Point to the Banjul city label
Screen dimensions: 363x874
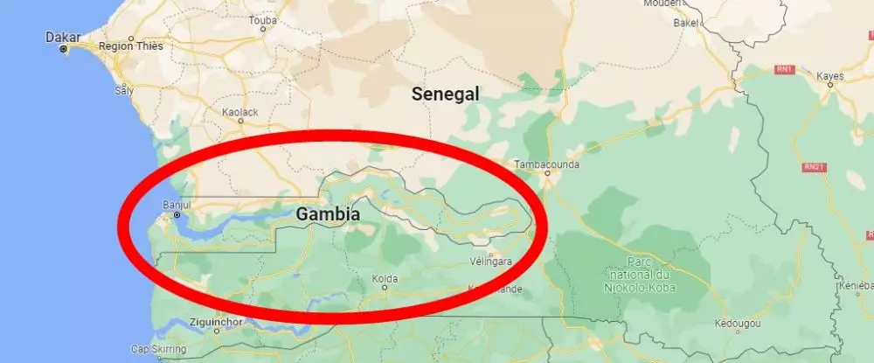[x=177, y=205]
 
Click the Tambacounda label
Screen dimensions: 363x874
[x=546, y=163]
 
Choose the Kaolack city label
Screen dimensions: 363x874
[x=241, y=112]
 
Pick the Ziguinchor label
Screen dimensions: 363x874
[x=215, y=321]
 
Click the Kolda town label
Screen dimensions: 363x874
[x=385, y=280]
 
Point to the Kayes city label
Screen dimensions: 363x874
[x=829, y=76]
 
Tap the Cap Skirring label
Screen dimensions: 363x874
[x=158, y=350]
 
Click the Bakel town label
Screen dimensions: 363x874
[x=684, y=24]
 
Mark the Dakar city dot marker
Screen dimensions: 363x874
[x=63, y=49]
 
